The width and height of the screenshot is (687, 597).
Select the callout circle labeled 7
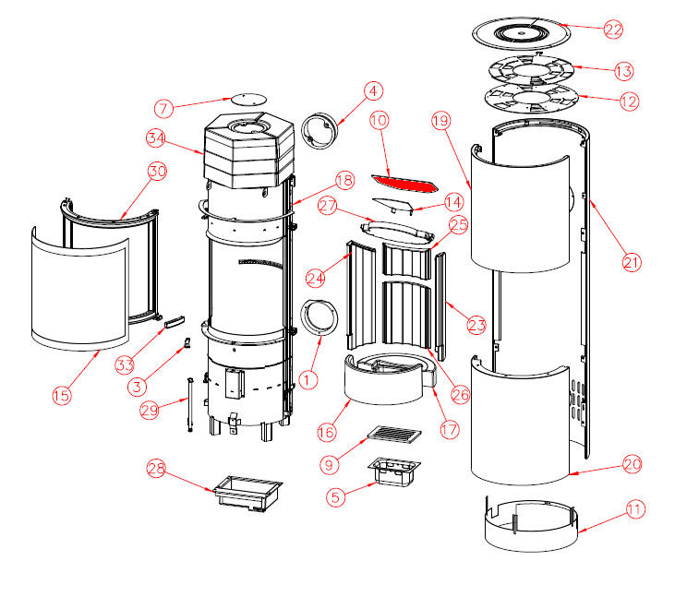click(165, 109)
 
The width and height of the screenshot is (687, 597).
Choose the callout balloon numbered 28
click(157, 470)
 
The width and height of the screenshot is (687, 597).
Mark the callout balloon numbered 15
click(61, 396)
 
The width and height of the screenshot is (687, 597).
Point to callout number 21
click(631, 262)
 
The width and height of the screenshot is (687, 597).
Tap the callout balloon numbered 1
click(308, 377)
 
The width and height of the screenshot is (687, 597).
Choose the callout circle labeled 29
click(150, 409)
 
